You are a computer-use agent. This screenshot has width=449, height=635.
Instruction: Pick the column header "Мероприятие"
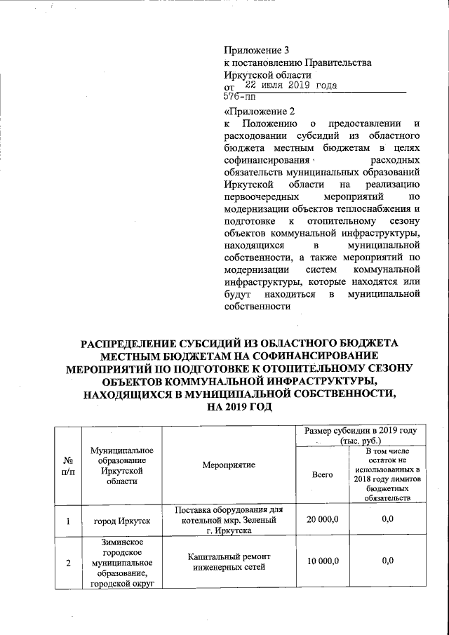[229, 464]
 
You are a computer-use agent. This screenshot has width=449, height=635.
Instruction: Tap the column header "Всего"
[322, 475]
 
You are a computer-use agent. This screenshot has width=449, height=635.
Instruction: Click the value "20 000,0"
[322, 520]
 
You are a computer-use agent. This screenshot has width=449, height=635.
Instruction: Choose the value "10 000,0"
[322, 561]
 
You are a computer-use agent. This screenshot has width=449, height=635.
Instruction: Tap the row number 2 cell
[69, 561]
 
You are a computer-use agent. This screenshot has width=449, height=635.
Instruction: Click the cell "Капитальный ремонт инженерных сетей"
[229, 561]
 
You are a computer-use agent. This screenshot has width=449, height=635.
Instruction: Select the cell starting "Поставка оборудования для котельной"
[229, 520]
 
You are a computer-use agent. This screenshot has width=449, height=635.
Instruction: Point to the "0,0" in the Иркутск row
[387, 520]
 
